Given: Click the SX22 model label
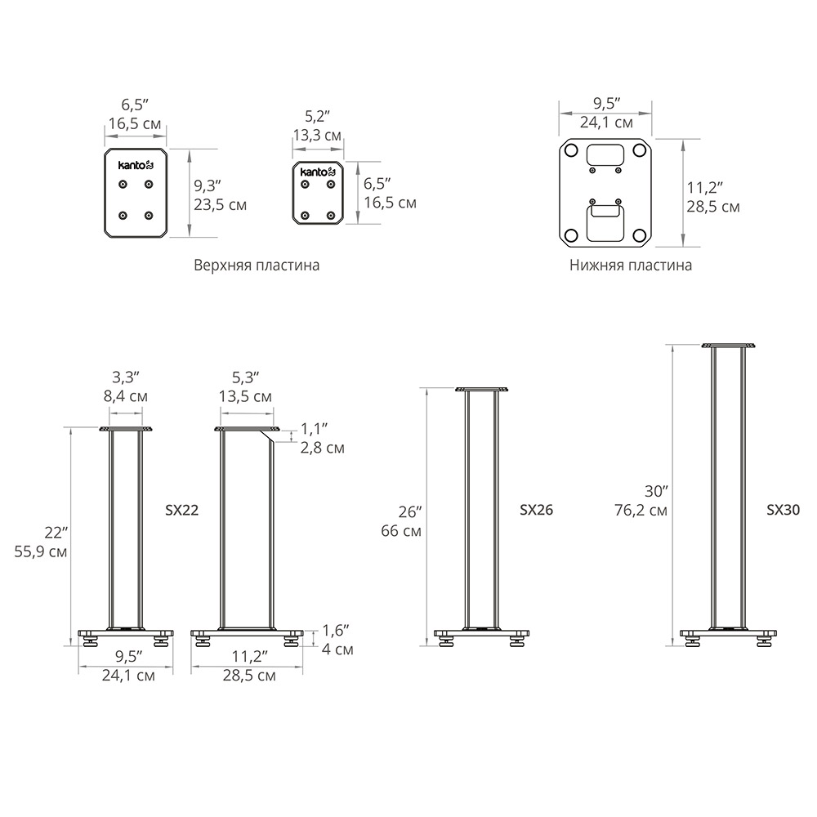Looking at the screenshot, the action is pos(182,510).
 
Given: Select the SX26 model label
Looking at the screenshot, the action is pos(536,510).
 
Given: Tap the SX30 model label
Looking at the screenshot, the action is pos(783,510).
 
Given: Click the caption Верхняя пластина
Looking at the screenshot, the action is pos(257,266).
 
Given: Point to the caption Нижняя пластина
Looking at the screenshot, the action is pos(631,266).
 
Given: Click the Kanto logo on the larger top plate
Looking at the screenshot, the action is pos(136,165).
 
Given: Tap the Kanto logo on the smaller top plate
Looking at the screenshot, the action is pos(317,172).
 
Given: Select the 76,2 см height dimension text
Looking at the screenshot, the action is pos(641,510).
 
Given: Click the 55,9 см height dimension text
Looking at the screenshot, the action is pos(41,551).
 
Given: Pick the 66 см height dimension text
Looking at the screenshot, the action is pos(401,532).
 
